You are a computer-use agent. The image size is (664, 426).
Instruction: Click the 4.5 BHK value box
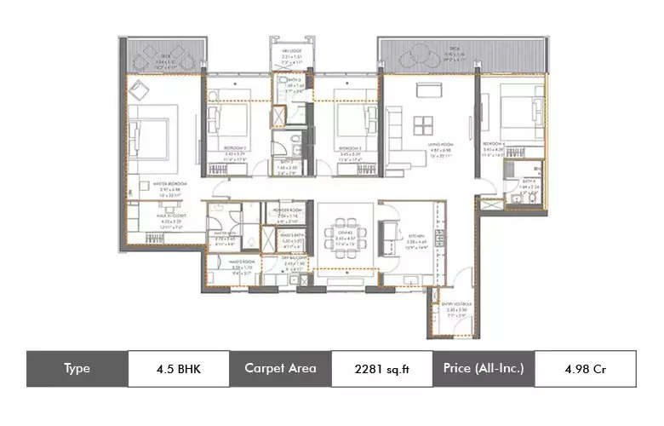179,368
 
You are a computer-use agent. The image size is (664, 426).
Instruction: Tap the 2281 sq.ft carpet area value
381,368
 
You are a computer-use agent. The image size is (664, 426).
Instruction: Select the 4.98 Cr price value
585,368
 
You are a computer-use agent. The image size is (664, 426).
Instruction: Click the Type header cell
77,368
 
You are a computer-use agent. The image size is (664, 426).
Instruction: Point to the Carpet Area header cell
280,368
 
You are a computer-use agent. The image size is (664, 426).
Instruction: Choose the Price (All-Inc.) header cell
484,368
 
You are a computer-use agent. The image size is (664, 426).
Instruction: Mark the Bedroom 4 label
494,144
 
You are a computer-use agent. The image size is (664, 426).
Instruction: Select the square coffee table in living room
421,124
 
